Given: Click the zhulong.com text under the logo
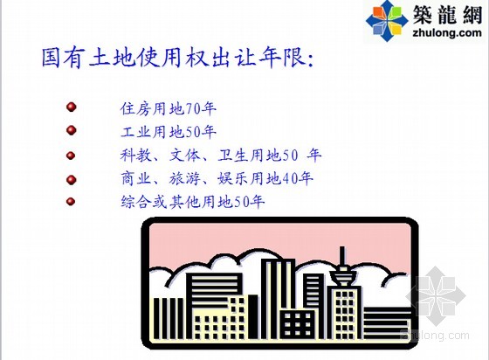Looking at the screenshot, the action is click(446, 32).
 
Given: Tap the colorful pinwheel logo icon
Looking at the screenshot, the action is click(387, 21).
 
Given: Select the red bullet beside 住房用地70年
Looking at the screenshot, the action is click(72, 107).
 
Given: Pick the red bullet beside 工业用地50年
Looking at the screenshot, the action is click(72, 130).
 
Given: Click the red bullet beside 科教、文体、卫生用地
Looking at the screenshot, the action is click(71, 155).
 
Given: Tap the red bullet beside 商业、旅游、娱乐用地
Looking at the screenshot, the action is click(72, 180).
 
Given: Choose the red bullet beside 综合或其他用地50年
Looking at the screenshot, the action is click(71, 202).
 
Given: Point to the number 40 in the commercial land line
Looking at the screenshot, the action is click(289, 179).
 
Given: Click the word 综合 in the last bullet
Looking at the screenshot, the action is click(136, 202).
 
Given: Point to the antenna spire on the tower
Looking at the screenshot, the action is click(342, 255).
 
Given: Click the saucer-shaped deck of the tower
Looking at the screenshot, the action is click(343, 275).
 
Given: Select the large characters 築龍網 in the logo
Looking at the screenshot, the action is click(447, 15).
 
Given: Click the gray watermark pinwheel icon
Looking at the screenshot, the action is click(436, 295).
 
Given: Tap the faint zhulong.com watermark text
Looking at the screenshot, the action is click(435, 335).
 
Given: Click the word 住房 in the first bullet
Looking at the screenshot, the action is click(136, 109).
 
